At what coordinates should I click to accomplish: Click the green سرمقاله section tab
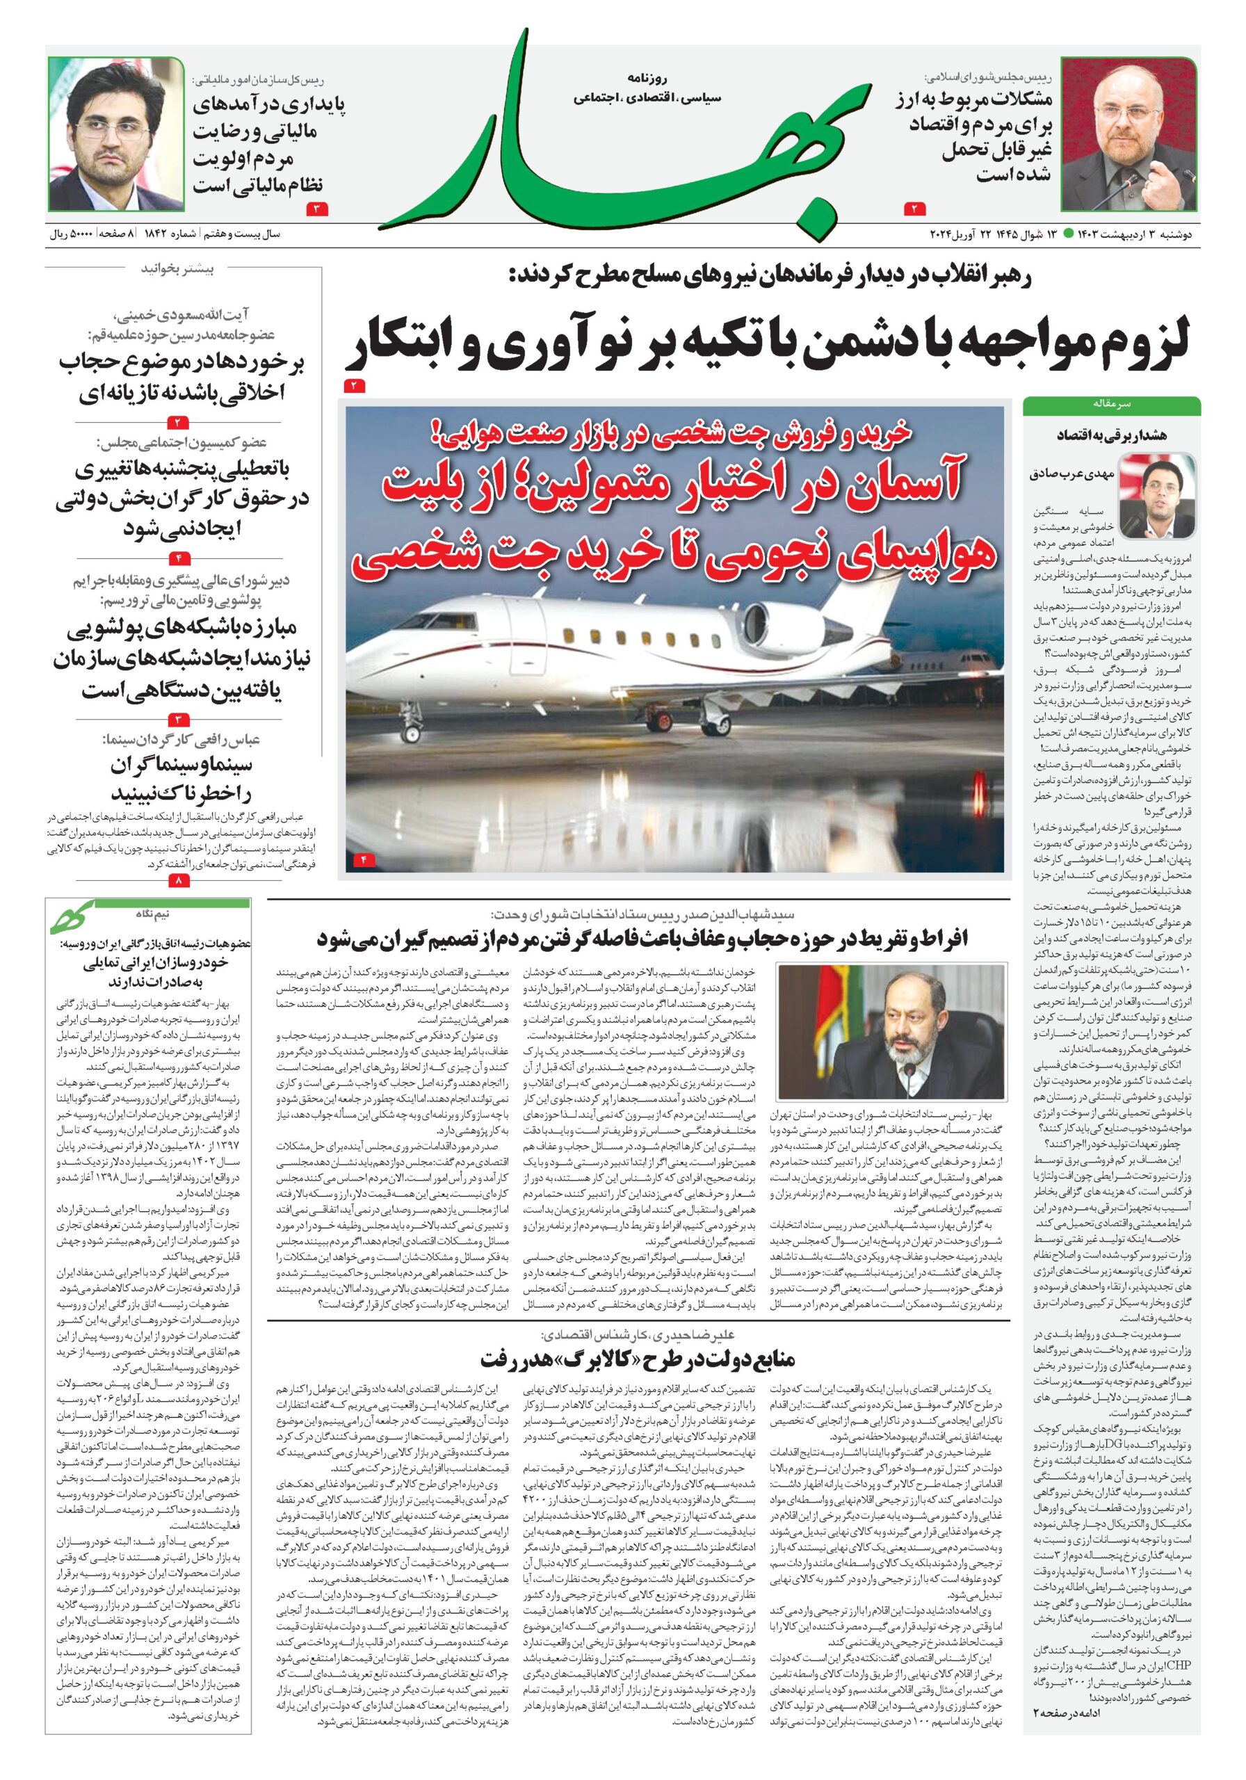pos(1111,405)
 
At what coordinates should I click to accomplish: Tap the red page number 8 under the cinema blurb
pos(178,882)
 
